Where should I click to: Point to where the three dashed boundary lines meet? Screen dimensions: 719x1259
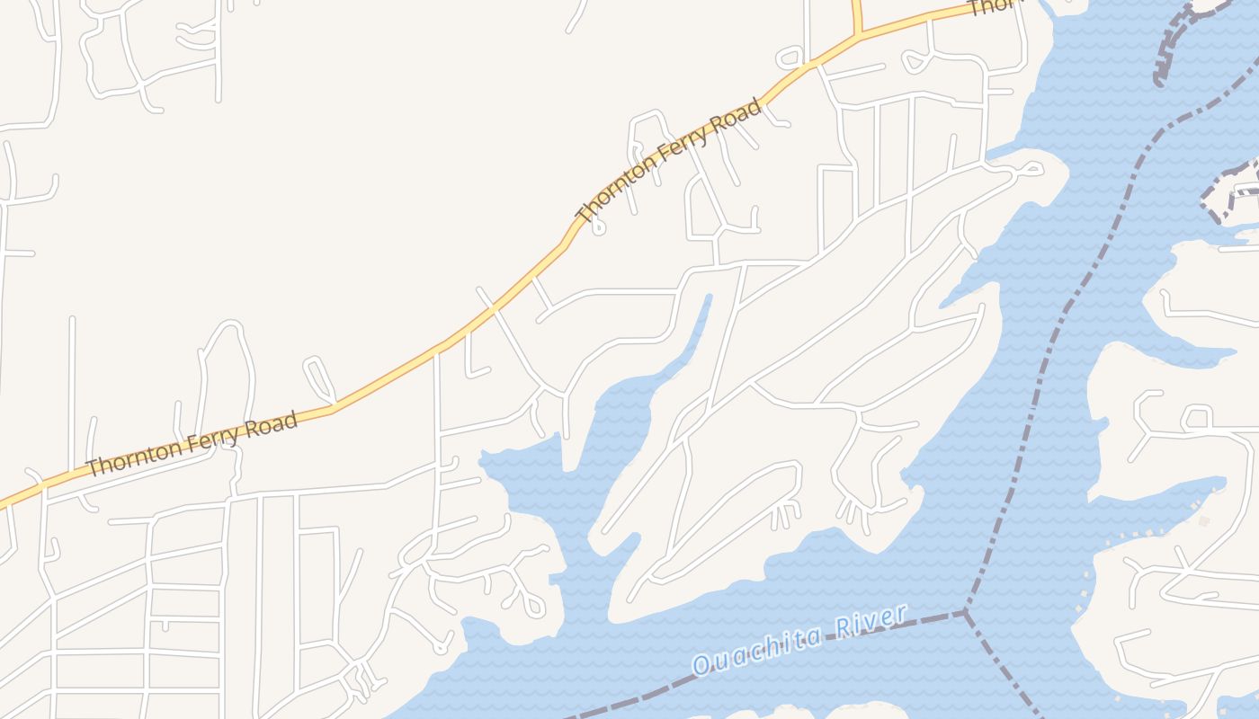tap(965, 612)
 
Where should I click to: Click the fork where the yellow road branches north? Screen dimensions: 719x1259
tap(859, 34)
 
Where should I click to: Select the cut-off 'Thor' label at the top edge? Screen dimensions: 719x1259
tap(994, 8)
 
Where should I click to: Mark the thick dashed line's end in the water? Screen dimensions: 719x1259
tap(1159, 81)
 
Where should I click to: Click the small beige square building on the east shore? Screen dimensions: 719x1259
tap(1203, 520)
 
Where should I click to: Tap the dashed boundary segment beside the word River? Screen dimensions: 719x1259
tap(926, 619)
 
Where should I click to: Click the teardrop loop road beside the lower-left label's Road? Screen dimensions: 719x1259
tap(319, 377)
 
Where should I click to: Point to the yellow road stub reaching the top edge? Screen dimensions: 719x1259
tap(856, 11)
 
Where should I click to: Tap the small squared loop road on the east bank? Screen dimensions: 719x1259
tap(1197, 417)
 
